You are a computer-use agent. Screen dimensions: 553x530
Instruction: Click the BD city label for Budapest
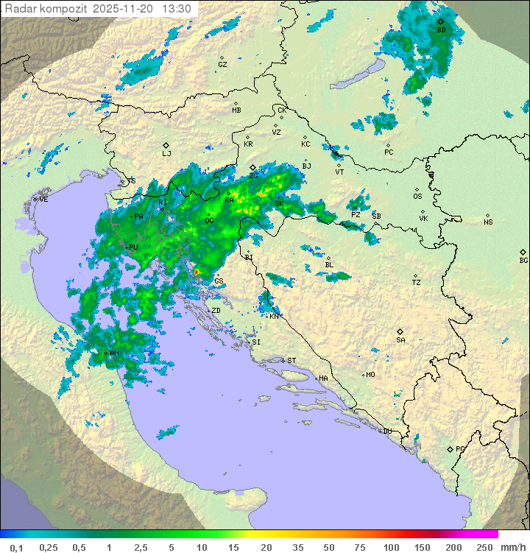[441, 30]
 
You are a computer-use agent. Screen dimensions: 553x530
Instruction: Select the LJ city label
[166, 153]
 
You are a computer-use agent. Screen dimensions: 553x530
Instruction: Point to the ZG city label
[253, 175]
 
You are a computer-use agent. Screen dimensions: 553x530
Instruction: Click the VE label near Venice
[43, 200]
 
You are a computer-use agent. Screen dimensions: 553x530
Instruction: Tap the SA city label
[400, 339]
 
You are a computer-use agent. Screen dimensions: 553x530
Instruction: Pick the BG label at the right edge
[523, 260]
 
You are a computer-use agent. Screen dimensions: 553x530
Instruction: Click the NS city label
[488, 222]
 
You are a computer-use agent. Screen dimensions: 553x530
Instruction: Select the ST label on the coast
[291, 360]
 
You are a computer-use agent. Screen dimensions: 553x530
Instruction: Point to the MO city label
[370, 374]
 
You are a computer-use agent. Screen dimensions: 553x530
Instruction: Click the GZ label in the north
[222, 64]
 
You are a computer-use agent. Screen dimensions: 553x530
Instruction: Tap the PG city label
[460, 448]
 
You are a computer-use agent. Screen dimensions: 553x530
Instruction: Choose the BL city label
[329, 264]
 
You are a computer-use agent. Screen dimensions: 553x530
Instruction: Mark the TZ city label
[417, 282]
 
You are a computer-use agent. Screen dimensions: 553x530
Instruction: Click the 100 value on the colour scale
[390, 547]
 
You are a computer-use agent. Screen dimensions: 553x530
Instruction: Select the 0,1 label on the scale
[17, 547]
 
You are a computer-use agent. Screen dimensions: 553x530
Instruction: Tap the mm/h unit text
[511, 547]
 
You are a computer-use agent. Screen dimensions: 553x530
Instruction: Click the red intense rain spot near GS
[197, 272]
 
